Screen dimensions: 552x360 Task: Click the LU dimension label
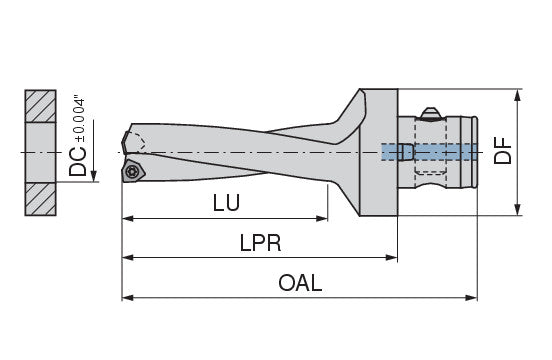(x=226, y=203)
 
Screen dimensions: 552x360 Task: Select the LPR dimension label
(x=261, y=243)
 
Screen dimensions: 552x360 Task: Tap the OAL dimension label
(x=300, y=283)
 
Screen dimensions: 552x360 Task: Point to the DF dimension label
(x=502, y=151)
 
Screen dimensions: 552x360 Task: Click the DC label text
(x=77, y=162)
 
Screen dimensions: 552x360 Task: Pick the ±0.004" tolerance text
(x=80, y=118)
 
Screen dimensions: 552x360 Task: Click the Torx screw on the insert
(x=133, y=171)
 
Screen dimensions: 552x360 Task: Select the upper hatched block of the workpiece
(x=40, y=106)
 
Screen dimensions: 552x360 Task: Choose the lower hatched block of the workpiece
(x=40, y=199)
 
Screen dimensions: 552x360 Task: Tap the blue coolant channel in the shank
(x=429, y=152)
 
